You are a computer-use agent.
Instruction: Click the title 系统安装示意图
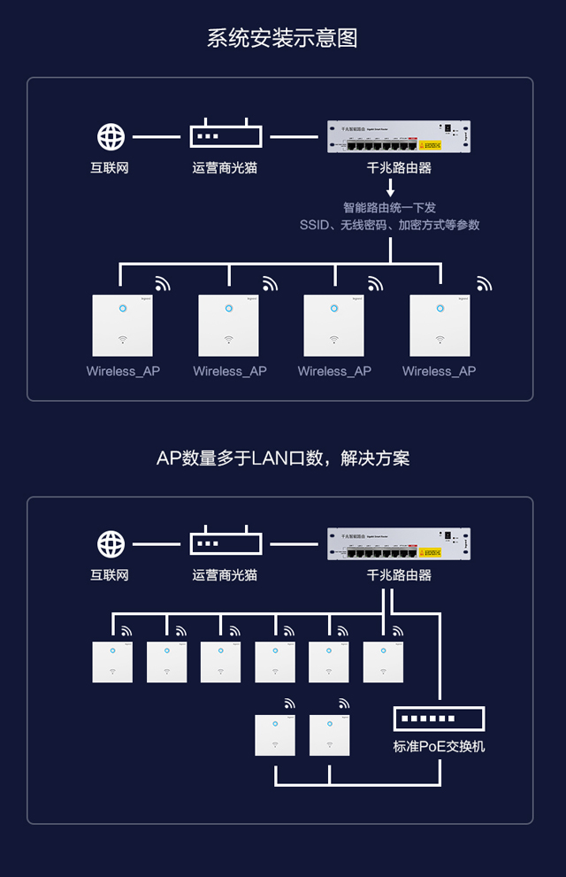coord(282,38)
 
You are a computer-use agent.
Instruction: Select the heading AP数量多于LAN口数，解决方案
coord(282,458)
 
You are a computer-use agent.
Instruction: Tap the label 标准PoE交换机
coord(439,746)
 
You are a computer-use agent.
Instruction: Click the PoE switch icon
coord(439,718)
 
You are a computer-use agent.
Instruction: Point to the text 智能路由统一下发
coord(389,208)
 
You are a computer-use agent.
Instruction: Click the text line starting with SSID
coord(389,225)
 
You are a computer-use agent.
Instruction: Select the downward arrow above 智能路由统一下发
coord(390,189)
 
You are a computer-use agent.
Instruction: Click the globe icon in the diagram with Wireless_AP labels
coord(111,137)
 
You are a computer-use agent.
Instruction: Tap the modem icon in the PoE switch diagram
coord(226,542)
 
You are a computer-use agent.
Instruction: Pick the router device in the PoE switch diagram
coord(398,544)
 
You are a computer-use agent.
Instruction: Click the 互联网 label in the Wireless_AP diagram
coord(110,166)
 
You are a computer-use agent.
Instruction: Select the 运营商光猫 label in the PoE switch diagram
coord(225,574)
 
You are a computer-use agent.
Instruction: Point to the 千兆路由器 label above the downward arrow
coord(399,166)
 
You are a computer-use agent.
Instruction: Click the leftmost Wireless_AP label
coord(123,371)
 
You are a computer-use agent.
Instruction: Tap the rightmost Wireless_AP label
coord(439,371)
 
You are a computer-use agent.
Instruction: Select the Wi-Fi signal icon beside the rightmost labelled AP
coord(484,284)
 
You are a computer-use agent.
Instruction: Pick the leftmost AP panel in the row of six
coord(112,662)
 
